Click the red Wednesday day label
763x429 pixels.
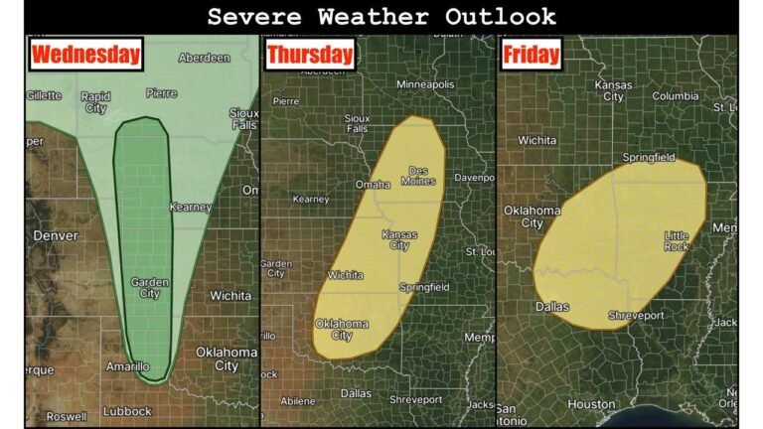(x=86, y=55)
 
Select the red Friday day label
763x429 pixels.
(x=531, y=55)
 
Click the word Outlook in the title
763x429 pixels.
(x=502, y=17)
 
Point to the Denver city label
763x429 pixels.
(x=56, y=236)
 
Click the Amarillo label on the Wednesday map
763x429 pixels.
(x=127, y=366)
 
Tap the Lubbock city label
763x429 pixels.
(x=126, y=411)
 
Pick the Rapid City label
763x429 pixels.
(x=95, y=102)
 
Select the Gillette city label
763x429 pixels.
(x=43, y=95)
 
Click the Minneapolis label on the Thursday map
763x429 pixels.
(x=425, y=85)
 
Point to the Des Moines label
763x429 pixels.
(x=418, y=175)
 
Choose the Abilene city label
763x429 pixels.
(x=297, y=401)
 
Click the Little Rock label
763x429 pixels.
(x=677, y=240)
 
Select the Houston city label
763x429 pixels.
(x=591, y=404)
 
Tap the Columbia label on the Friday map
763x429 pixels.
(x=676, y=96)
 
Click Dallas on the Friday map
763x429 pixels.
(x=552, y=307)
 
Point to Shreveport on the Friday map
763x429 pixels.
(x=636, y=315)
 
